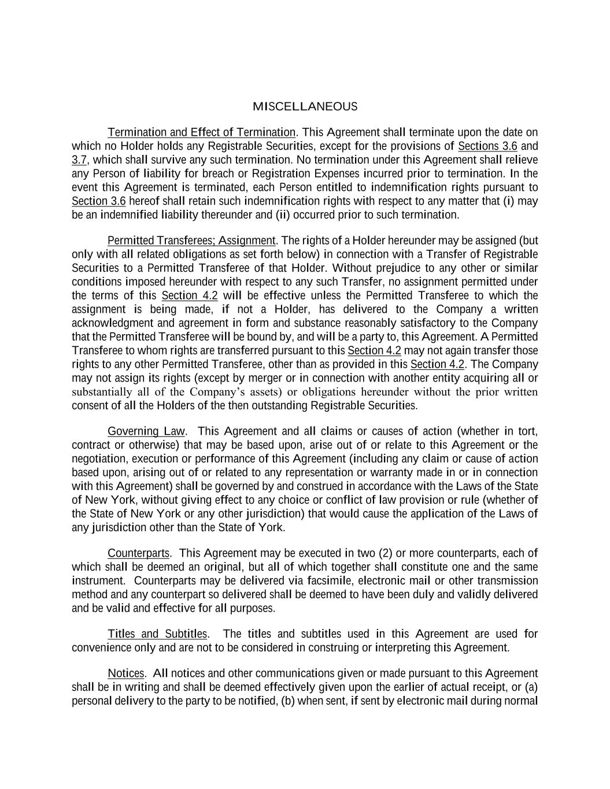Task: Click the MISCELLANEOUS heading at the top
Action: (305, 107)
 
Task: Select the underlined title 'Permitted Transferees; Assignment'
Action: (191, 240)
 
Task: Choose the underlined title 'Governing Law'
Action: (146, 431)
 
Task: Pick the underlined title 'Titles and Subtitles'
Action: (157, 634)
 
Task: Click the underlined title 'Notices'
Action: (126, 673)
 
